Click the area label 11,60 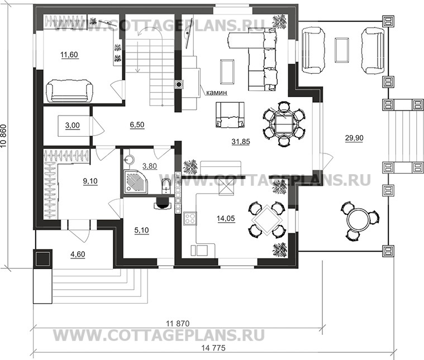click(x=69, y=55)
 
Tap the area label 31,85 click(x=241, y=141)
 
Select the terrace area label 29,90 click(x=354, y=138)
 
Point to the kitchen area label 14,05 click(x=226, y=218)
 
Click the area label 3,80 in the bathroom click(x=150, y=166)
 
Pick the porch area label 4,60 click(x=78, y=255)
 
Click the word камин click(x=217, y=93)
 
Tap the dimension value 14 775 click(x=213, y=348)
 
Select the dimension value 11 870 click(x=178, y=324)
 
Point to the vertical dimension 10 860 click(x=3, y=136)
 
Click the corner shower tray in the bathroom click(x=136, y=181)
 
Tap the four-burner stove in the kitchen click(x=190, y=219)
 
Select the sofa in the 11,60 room click(x=69, y=90)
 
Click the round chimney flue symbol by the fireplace click(x=179, y=85)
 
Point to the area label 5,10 click(x=141, y=230)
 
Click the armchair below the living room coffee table click(x=230, y=114)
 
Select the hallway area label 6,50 click(x=137, y=124)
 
